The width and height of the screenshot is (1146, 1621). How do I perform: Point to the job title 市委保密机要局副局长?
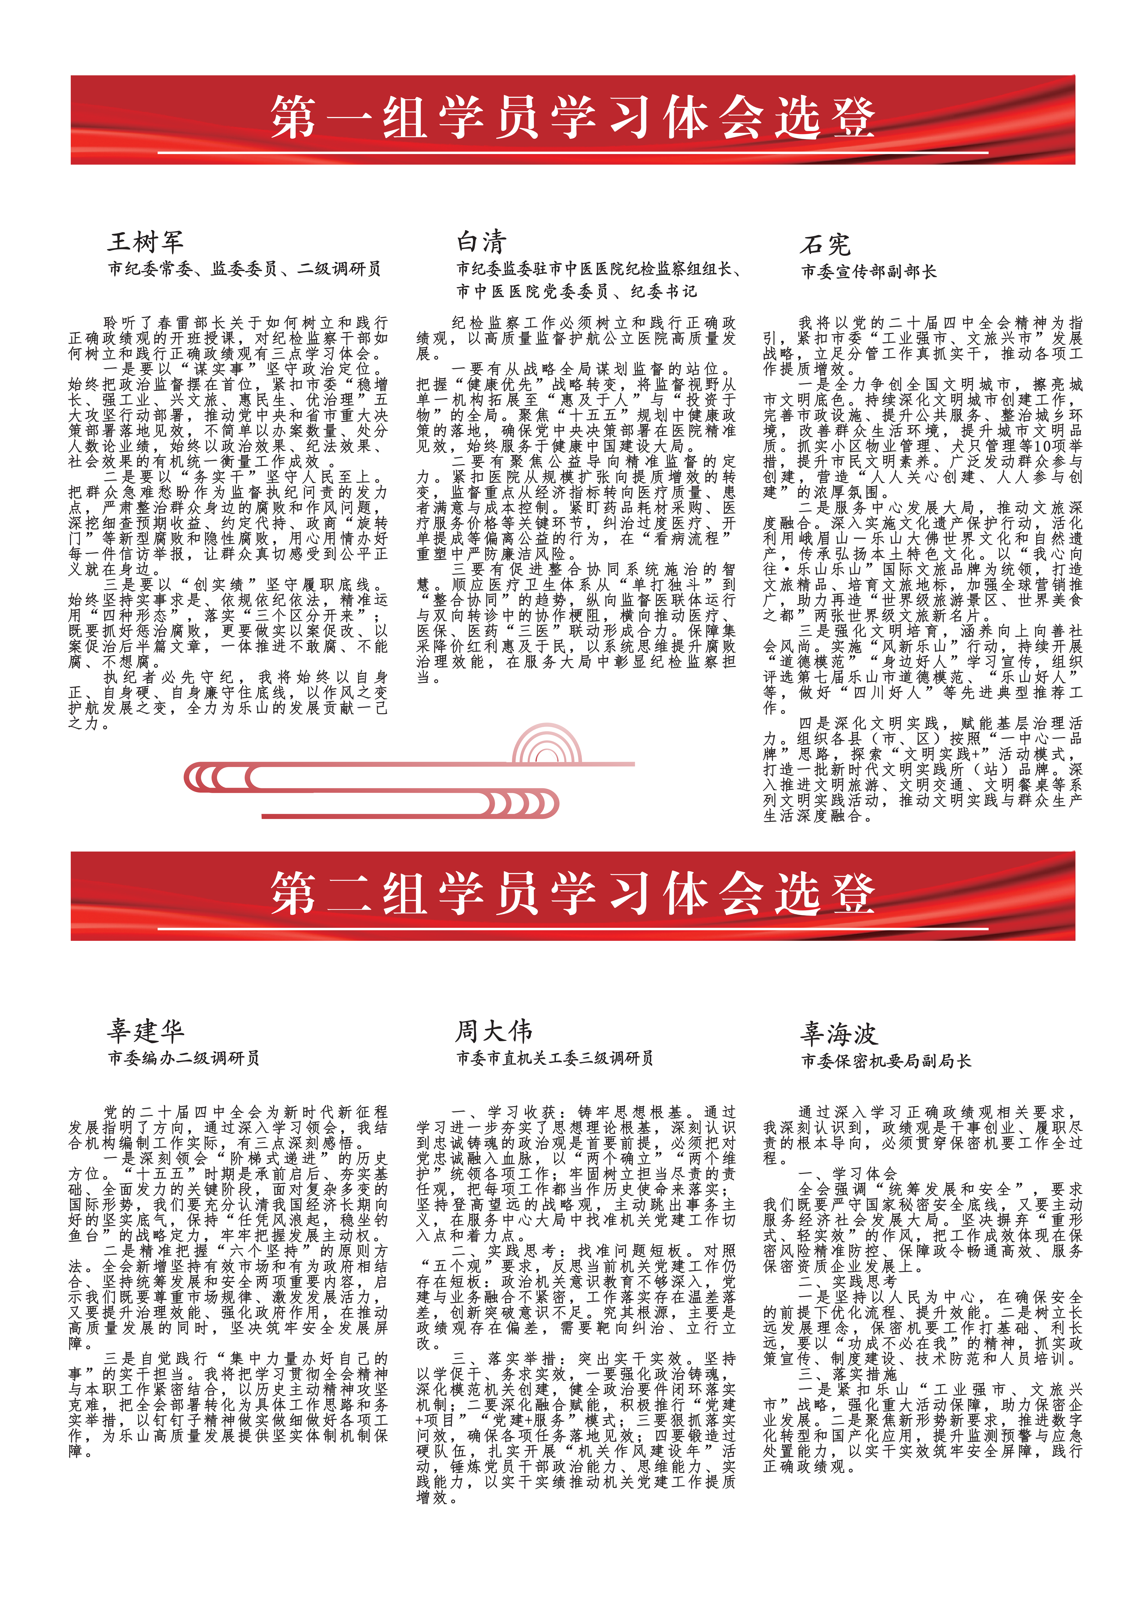pos(886,1060)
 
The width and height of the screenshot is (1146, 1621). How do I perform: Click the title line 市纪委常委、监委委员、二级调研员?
pos(244,268)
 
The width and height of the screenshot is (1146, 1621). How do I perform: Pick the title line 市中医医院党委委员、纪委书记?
pos(576,291)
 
